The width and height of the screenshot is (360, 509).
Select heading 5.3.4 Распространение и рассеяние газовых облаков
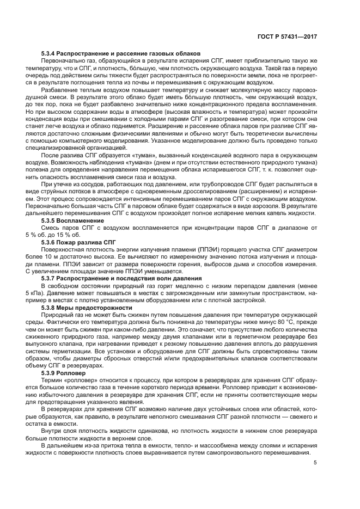pos(121,53)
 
